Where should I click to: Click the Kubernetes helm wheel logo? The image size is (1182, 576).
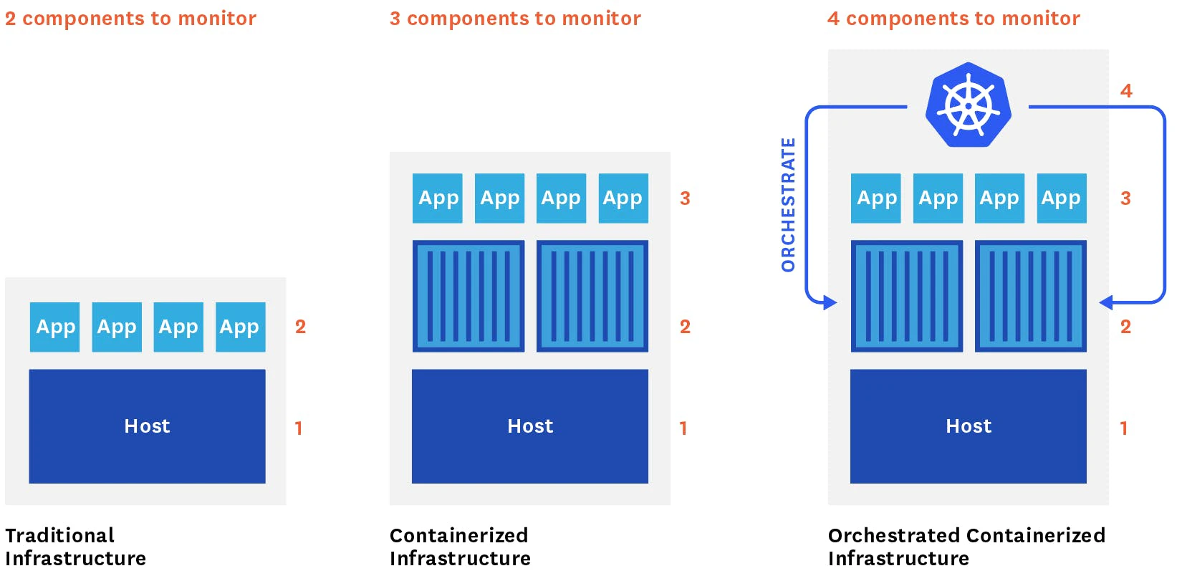(968, 105)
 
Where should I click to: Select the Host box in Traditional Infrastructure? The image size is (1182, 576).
(147, 426)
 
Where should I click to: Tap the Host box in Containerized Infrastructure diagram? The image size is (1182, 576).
(529, 426)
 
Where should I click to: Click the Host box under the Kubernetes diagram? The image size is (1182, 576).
(968, 426)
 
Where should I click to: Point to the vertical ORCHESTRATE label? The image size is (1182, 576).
(788, 205)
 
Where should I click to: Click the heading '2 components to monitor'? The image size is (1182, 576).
(130, 19)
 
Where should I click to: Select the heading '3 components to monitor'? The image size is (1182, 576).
(515, 19)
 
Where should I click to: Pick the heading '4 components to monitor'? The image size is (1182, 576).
(953, 19)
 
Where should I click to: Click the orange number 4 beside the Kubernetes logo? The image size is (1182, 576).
(1126, 91)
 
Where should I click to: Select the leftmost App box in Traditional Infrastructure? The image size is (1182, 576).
(54, 327)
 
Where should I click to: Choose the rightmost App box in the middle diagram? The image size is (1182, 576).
(623, 198)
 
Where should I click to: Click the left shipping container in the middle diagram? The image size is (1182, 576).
(469, 296)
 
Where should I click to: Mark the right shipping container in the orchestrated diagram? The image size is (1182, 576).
(1031, 296)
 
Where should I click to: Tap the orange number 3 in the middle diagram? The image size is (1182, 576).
(685, 198)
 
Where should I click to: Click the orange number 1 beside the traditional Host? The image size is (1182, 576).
(299, 428)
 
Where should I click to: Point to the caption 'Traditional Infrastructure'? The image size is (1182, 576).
(75, 547)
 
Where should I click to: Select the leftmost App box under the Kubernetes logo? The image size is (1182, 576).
(875, 198)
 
